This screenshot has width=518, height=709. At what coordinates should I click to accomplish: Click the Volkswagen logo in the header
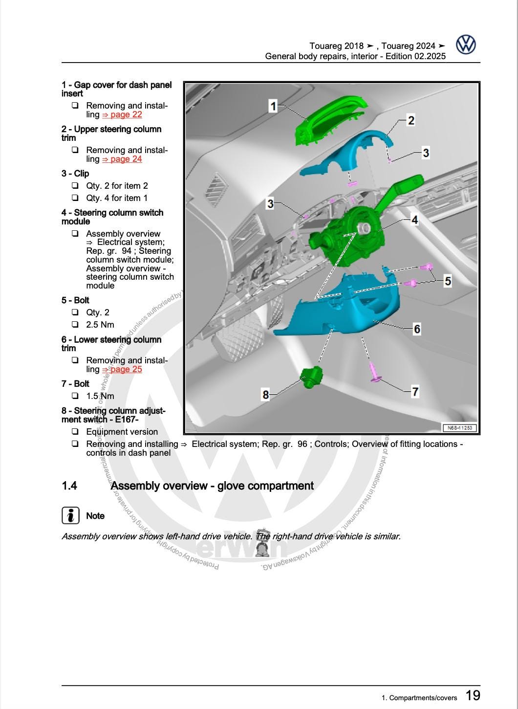pos(466,44)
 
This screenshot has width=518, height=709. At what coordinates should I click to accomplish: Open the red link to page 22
pos(122,114)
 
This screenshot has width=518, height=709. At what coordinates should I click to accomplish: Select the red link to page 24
pos(122,159)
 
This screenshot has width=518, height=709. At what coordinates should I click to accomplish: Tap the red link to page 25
pos(122,369)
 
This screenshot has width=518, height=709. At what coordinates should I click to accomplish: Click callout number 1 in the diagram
pos(273,106)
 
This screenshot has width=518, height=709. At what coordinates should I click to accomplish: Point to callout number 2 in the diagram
pos(411,120)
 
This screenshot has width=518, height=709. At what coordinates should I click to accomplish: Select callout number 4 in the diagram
pos(414,220)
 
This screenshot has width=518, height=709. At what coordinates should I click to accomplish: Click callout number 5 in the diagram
pos(447,281)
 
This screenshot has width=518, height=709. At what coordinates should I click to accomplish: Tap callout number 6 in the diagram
pos(417,329)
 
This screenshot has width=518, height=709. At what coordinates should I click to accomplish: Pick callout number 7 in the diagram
pos(415,391)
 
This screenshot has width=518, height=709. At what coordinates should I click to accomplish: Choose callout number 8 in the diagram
pos(265,394)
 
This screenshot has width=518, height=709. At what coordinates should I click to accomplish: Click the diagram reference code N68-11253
pos(460,428)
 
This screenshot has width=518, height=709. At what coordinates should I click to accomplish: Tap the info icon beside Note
pos(71,515)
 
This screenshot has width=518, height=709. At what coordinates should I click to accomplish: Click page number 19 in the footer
pos(473,695)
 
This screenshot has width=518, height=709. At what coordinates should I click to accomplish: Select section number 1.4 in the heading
pos(69,486)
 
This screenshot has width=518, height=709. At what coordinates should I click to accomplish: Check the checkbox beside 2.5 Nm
pos(75,324)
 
